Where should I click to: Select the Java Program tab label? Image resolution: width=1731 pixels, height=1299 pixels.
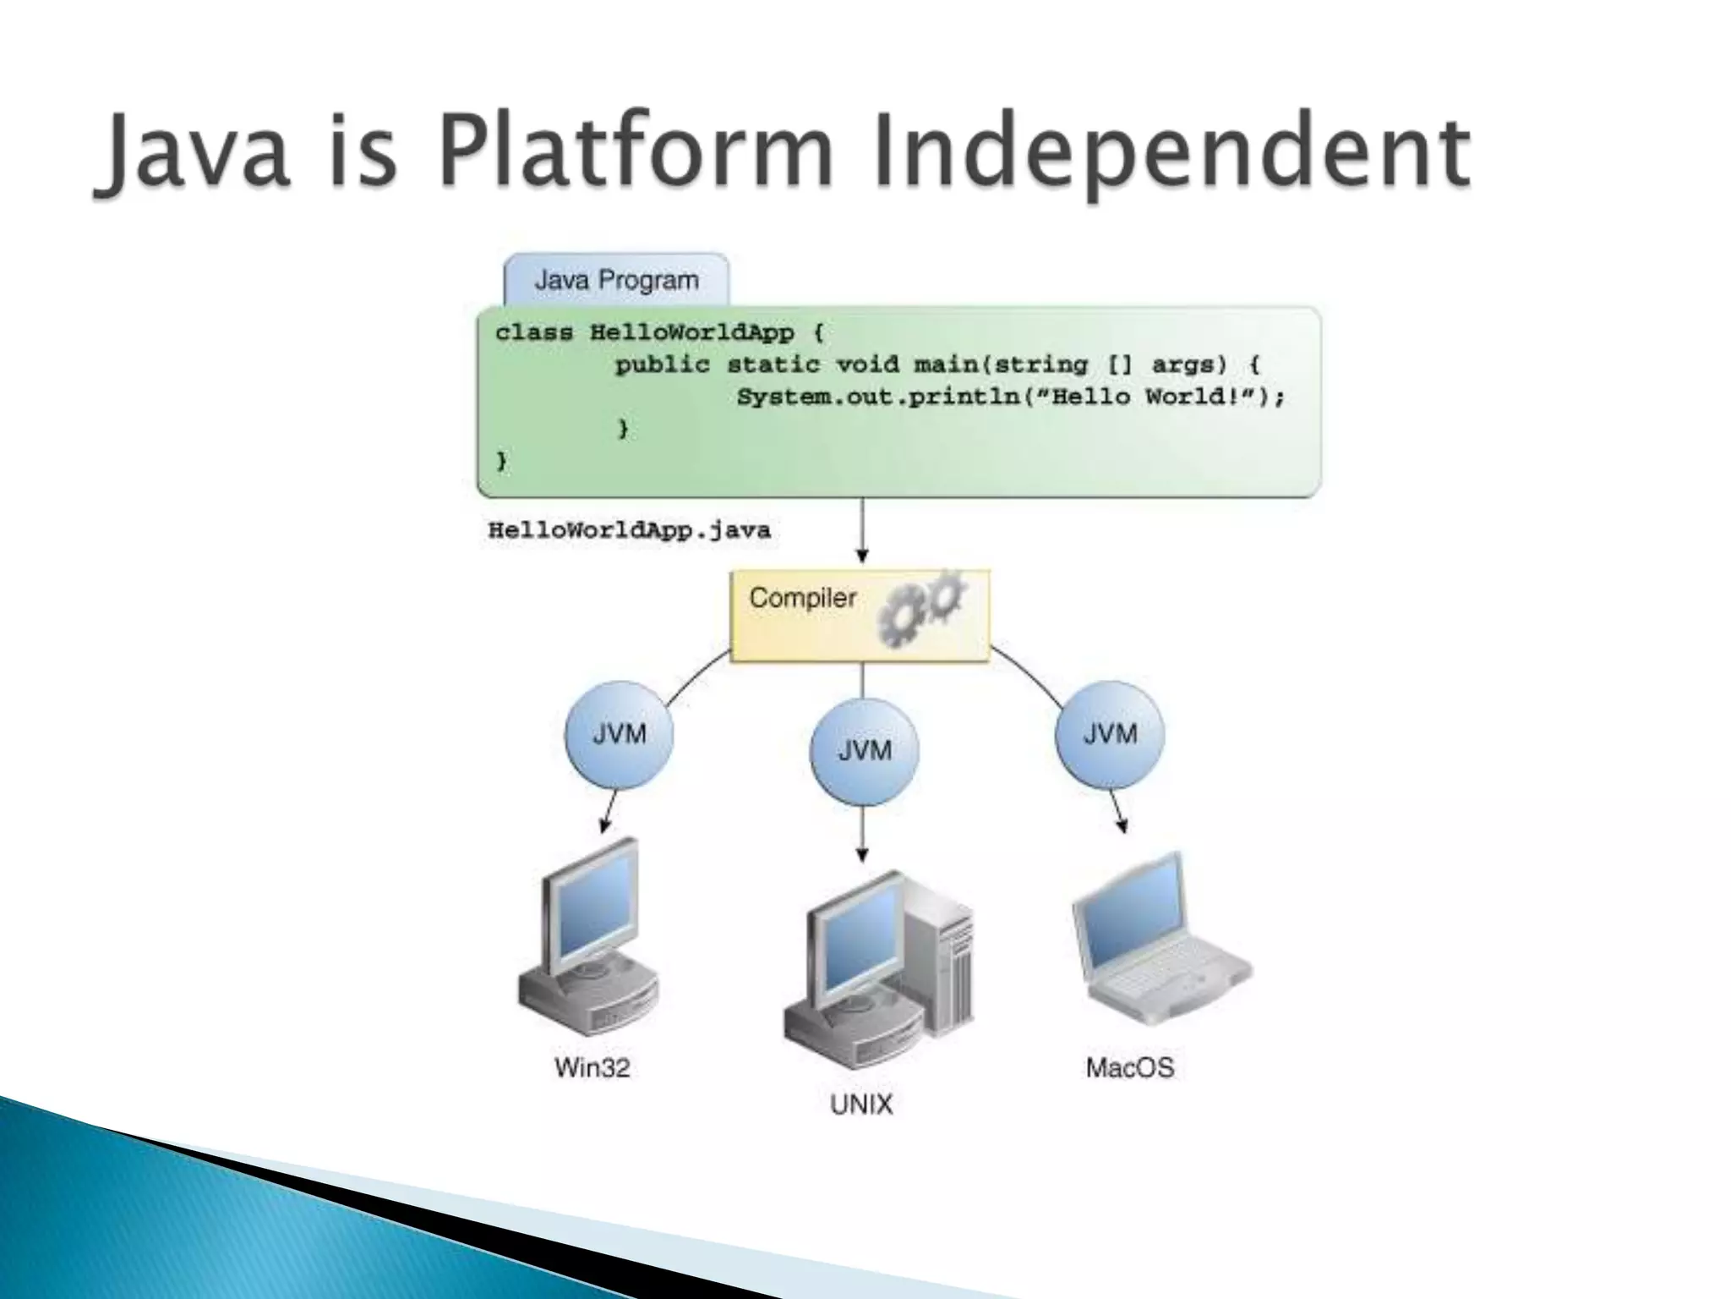pos(616,280)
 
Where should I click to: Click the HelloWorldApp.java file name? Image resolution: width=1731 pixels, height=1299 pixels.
pos(630,531)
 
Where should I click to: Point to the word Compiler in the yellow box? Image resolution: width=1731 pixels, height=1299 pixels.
pos(802,598)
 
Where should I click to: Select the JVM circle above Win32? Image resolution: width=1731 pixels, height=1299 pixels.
pos(619,734)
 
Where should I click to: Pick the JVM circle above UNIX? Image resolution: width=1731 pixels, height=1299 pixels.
pos(864,750)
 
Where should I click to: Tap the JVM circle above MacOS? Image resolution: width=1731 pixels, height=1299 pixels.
pos(1110,734)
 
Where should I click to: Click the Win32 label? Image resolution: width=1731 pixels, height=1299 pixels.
pos(592,1067)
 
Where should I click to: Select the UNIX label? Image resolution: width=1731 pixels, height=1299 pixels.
pos(861,1104)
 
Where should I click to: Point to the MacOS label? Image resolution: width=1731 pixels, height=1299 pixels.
pos(1130,1067)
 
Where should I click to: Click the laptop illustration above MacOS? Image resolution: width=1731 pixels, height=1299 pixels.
pos(1158,939)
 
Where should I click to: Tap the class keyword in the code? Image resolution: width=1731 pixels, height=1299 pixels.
pos(533,332)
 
